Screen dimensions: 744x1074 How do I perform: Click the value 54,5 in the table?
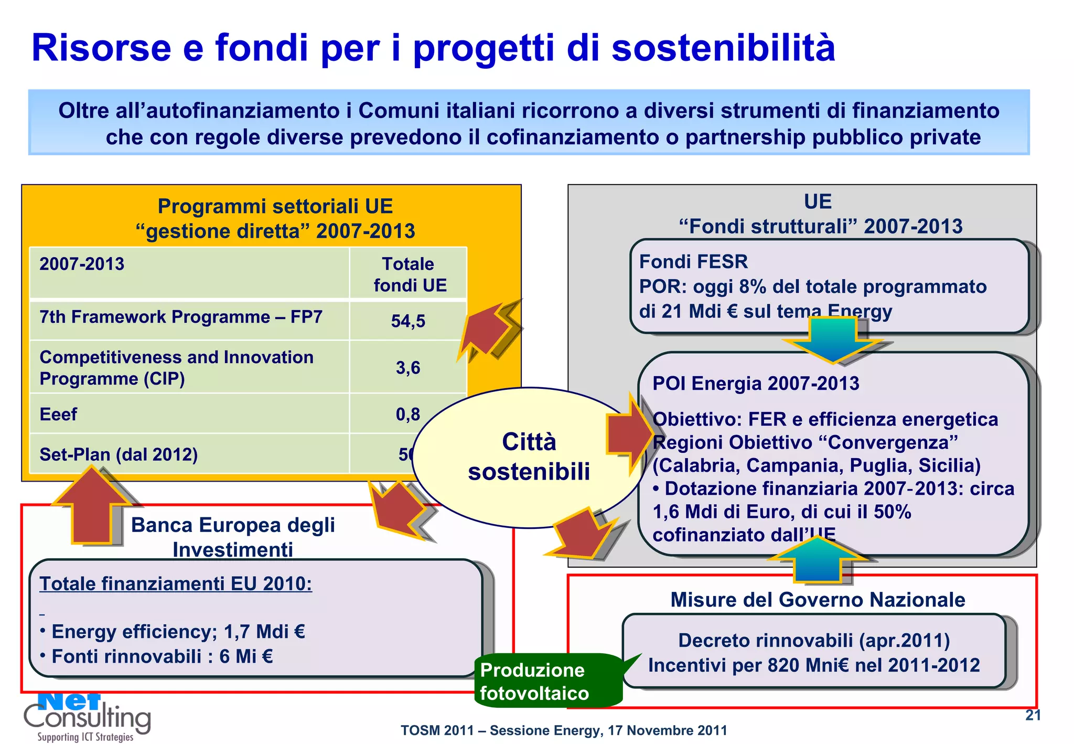pyautogui.click(x=408, y=321)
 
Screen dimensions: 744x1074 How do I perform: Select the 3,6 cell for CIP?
pyautogui.click(x=408, y=367)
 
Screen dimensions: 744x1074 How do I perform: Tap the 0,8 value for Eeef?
pyautogui.click(x=408, y=414)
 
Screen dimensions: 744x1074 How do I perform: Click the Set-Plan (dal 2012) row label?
pyautogui.click(x=119, y=454)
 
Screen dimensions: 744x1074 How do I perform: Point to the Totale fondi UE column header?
pyautogui.click(x=409, y=274)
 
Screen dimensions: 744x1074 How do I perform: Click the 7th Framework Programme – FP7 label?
pyautogui.click(x=181, y=317)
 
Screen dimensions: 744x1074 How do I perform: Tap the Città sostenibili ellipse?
pyautogui.click(x=529, y=456)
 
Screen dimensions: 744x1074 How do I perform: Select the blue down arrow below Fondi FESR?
pyautogui.click(x=833, y=341)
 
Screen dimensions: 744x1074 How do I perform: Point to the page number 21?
pyautogui.click(x=1033, y=715)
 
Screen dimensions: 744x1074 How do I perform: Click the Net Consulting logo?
pyautogui.click(x=87, y=717)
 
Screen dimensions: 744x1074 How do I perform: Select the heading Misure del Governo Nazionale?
pyautogui.click(x=818, y=600)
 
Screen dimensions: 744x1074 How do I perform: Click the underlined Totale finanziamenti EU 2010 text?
pyautogui.click(x=176, y=583)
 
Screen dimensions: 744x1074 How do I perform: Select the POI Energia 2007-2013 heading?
pyautogui.click(x=756, y=384)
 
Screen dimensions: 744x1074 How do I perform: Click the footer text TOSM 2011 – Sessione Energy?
pyautogui.click(x=564, y=730)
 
